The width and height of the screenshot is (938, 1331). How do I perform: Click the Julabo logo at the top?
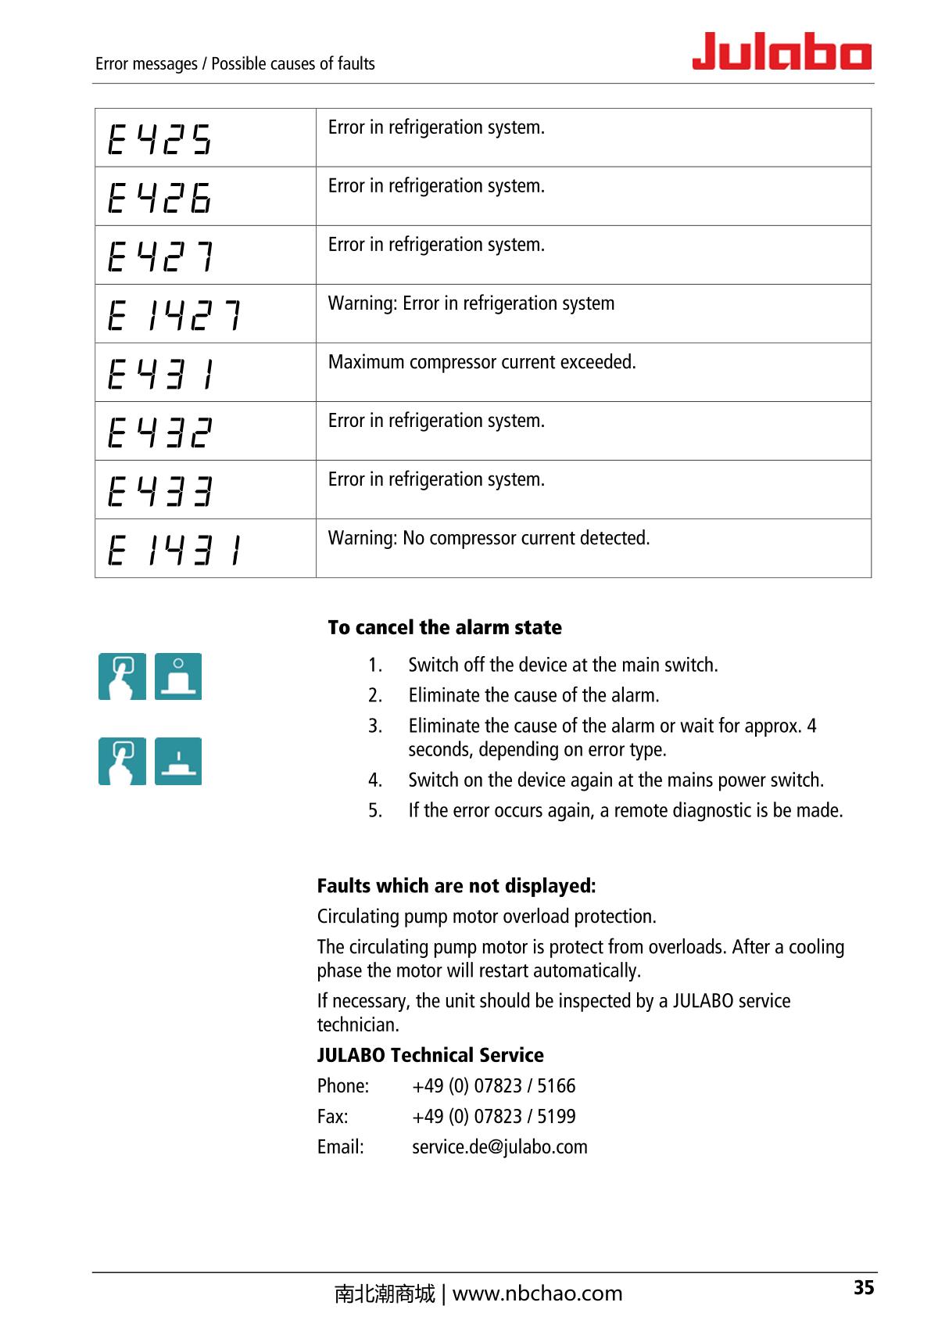tap(781, 52)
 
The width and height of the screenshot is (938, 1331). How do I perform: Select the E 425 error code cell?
tap(159, 139)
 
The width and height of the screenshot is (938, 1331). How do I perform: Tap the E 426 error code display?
tap(159, 197)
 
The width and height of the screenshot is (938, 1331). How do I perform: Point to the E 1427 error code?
tap(174, 315)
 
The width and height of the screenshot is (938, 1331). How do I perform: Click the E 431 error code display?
tap(161, 374)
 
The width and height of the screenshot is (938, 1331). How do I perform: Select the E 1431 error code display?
tap(174, 550)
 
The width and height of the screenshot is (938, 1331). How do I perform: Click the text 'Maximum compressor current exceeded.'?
tap(482, 363)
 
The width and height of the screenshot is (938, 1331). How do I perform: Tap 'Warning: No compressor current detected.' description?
tap(489, 539)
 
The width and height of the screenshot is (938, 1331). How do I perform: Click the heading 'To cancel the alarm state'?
tap(445, 628)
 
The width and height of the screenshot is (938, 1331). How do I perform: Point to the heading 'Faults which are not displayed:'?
tap(456, 886)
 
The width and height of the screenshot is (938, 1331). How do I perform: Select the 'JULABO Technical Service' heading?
tap(430, 1056)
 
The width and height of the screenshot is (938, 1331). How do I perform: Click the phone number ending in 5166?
tap(493, 1086)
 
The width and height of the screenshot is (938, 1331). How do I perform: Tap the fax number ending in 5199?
tap(493, 1117)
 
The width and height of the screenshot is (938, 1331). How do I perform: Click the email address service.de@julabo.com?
tap(499, 1147)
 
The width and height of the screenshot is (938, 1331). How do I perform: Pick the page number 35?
tap(863, 1288)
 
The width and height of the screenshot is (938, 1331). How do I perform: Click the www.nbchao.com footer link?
tap(537, 1294)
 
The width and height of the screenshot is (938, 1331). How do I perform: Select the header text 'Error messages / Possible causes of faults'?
tap(234, 64)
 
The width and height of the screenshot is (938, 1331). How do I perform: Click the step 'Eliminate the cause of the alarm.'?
tap(533, 695)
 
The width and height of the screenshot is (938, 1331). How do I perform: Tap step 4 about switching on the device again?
tap(615, 780)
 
